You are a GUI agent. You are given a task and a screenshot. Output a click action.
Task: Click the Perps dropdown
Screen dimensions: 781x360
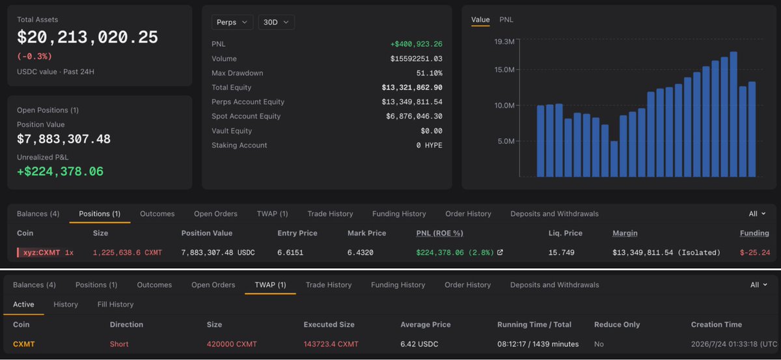pos(232,22)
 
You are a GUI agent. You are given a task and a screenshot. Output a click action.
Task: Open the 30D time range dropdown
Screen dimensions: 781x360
pos(276,22)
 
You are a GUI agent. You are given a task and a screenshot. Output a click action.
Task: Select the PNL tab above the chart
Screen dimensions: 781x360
pos(506,20)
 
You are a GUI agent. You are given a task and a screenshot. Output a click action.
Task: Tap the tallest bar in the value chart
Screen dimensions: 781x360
pos(733,114)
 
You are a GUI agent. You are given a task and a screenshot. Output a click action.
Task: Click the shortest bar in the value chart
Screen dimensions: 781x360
pos(614,159)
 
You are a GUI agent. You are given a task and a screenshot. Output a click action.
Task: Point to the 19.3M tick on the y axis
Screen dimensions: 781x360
pos(504,42)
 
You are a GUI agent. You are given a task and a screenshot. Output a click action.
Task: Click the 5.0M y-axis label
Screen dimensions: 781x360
pos(506,141)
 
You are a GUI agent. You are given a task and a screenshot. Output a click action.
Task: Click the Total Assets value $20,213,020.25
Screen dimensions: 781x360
pos(87,37)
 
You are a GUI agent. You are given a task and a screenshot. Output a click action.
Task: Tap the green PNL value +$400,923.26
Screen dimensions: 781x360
pos(417,44)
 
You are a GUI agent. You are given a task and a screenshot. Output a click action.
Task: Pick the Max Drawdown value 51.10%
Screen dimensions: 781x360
pos(429,73)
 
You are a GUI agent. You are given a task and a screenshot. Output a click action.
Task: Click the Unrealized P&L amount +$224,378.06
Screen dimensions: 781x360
pos(61,171)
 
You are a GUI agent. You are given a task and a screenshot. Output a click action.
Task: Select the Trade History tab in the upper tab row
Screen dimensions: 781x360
pos(330,214)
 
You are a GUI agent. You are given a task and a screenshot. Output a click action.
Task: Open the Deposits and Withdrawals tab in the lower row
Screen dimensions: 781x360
pos(555,284)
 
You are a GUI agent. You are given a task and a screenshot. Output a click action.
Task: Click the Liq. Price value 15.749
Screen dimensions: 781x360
pos(561,252)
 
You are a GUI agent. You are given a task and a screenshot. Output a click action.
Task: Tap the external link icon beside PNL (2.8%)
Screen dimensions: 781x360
pos(500,252)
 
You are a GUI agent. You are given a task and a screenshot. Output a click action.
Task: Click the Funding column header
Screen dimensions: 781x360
pos(754,233)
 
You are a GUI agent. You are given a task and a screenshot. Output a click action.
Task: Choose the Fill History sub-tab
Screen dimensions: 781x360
pos(115,304)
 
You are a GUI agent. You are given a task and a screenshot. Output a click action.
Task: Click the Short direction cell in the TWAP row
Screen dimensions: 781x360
pos(119,344)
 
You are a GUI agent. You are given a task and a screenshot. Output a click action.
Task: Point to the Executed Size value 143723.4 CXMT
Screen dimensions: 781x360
pos(331,344)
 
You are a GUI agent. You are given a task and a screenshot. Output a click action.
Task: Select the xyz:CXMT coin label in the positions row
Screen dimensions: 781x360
pos(42,252)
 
